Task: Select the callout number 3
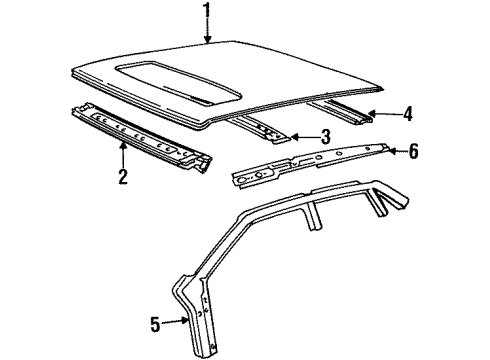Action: [326, 137]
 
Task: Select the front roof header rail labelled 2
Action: [140, 135]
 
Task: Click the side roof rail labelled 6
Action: [310, 162]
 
